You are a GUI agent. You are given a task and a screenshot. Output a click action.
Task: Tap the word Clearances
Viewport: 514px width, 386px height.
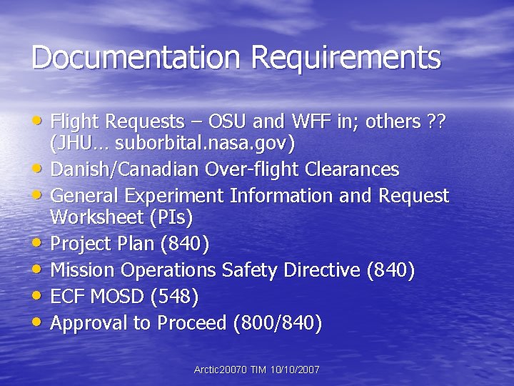coord(352,169)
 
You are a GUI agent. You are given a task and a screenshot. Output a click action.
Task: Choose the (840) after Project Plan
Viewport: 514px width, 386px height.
coord(186,244)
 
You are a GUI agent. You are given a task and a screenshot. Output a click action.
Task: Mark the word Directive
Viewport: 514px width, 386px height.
coord(323,269)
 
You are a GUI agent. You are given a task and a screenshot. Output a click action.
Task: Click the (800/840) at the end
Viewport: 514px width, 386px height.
coord(278,323)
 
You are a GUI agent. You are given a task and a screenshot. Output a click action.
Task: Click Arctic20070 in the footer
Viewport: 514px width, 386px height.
coord(221,370)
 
